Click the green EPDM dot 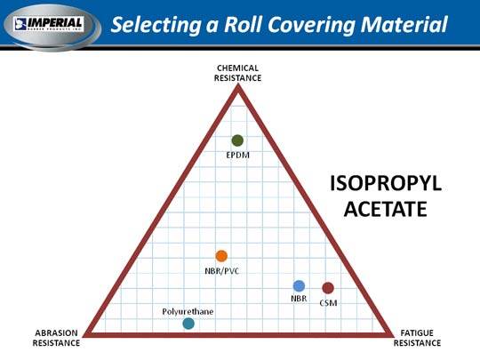point(237,140)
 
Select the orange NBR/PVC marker point(221,256)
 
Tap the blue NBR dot point(299,286)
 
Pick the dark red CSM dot point(328,288)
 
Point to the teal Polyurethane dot point(188,324)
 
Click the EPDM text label point(238,156)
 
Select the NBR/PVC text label point(222,271)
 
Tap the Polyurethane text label point(188,312)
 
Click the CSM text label point(328,303)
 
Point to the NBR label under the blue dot point(299,298)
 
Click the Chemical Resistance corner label point(238,73)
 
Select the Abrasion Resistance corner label point(56,338)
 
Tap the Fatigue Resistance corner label point(417,338)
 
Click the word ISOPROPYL point(386,184)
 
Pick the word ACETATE point(386,209)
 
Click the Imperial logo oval point(52,27)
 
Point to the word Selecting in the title point(156,25)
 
